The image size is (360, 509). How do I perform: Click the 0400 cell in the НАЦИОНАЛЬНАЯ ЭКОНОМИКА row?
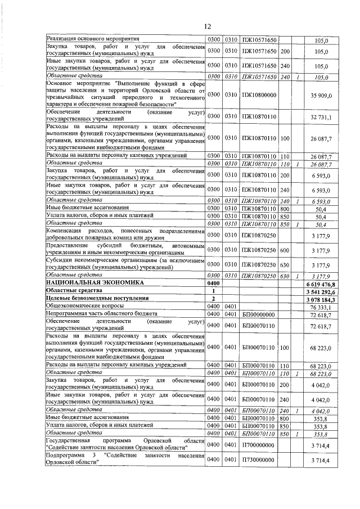214,284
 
